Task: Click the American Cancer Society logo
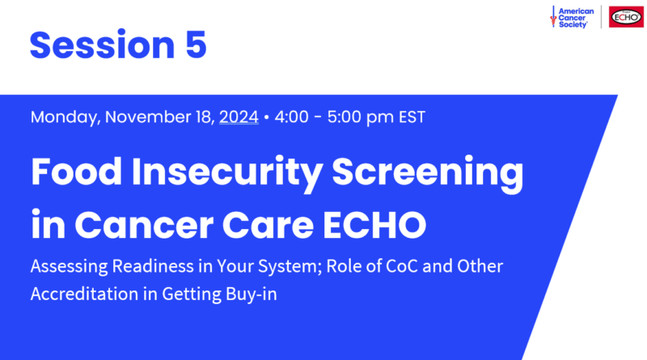coord(572,17)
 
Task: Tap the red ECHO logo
coord(626,17)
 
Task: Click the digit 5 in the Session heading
coord(196,44)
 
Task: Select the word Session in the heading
coord(103,44)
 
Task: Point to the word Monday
coord(66,117)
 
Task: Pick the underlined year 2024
coord(239,116)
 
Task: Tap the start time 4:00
coord(291,116)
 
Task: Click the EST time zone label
coord(412,116)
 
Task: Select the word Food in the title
coord(76,172)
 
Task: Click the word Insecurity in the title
coord(227,173)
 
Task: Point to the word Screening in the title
coord(428,173)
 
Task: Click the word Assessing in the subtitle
coord(69,267)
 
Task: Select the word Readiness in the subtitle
coord(153,266)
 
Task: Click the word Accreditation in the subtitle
coord(84,294)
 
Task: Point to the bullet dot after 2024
coord(267,117)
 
